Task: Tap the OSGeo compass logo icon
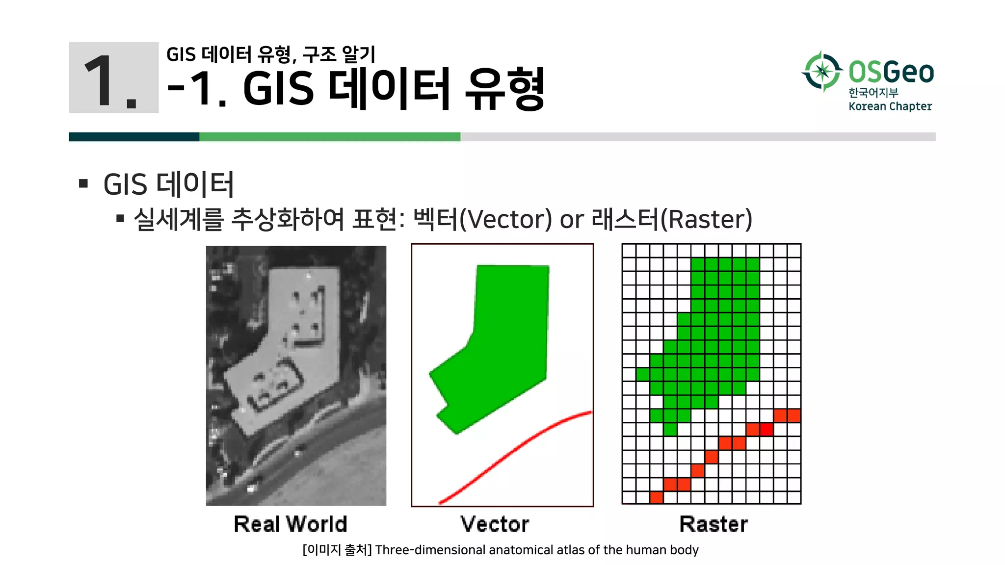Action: point(822,72)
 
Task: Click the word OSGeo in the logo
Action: point(891,72)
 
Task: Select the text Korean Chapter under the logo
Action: point(890,106)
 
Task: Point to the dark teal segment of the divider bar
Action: point(134,137)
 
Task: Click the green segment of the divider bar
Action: point(330,137)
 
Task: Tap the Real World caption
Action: point(291,524)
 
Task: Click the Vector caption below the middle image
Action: point(495,524)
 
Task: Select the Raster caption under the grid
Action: point(714,524)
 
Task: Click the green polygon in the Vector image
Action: point(505,343)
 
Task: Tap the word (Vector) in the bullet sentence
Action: point(506,219)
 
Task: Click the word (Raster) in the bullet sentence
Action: point(707,219)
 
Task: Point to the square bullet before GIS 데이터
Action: point(83,184)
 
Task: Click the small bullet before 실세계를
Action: point(120,218)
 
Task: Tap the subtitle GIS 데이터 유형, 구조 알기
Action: point(271,54)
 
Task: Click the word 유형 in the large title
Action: point(504,89)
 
